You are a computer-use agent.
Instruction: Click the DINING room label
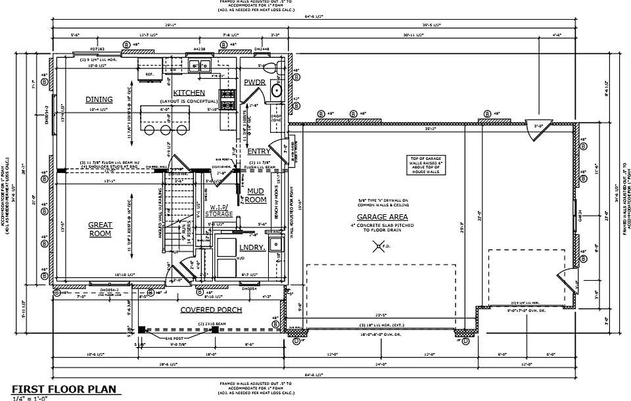(x=99, y=100)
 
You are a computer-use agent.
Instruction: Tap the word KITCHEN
(x=189, y=93)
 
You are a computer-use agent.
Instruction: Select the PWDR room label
(x=254, y=82)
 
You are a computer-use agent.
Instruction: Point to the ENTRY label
(x=258, y=152)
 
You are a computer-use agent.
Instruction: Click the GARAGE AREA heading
(x=382, y=217)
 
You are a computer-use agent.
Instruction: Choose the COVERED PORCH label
(x=211, y=310)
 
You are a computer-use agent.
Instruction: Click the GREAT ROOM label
(x=101, y=229)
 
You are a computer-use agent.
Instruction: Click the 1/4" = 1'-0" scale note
(x=30, y=398)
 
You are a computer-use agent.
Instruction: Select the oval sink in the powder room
(x=277, y=90)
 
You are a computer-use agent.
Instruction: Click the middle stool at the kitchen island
(x=166, y=130)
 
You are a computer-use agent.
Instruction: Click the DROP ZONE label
(x=277, y=120)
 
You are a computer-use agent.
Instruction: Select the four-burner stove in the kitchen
(x=228, y=99)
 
